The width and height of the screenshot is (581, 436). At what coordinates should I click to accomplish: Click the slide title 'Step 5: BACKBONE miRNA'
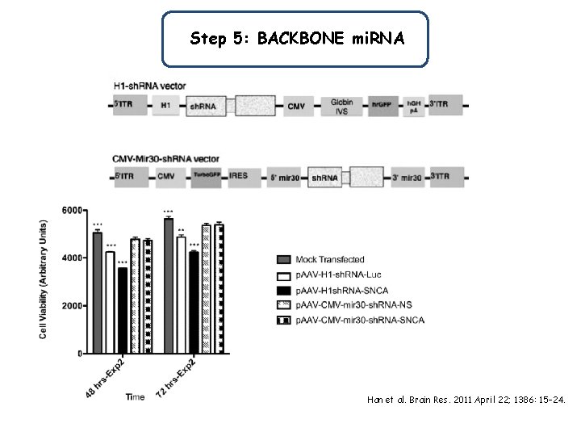295,38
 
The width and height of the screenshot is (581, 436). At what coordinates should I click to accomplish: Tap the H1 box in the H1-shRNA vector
165,106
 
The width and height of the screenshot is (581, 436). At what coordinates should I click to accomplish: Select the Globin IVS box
342,106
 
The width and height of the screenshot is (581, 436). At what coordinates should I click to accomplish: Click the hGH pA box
413,106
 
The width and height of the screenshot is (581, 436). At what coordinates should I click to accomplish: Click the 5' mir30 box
282,175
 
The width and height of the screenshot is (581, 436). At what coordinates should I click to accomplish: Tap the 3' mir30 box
405,175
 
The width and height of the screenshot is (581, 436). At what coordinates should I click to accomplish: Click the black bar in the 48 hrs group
122,311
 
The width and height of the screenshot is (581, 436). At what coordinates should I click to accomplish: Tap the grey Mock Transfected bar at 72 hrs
169,286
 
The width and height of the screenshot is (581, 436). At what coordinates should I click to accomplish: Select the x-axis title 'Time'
135,397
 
